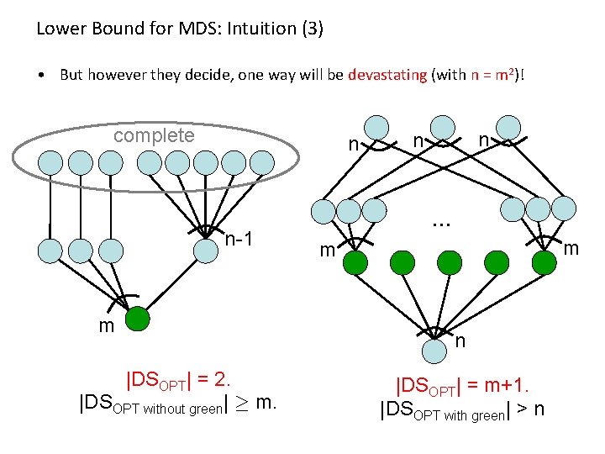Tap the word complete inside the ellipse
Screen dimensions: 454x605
pyautogui.click(x=154, y=135)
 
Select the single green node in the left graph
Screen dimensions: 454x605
pyautogui.click(x=137, y=319)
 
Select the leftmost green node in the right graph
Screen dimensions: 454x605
pyautogui.click(x=355, y=263)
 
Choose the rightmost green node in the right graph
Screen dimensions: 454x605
pyautogui.click(x=544, y=263)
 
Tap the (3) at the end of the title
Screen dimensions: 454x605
pyautogui.click(x=308, y=29)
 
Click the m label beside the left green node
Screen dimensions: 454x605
pyautogui.click(x=106, y=326)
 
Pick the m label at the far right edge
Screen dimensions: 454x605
pyautogui.click(x=571, y=248)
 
